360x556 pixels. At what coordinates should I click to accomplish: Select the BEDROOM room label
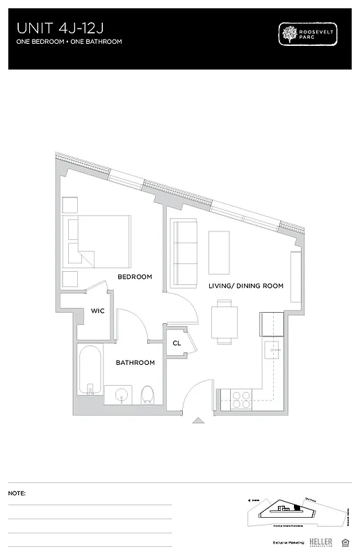click(x=134, y=277)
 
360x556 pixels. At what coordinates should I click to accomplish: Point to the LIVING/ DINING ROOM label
click(x=246, y=286)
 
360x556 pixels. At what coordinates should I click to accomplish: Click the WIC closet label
click(x=97, y=311)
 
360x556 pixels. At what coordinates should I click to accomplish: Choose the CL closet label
click(x=177, y=343)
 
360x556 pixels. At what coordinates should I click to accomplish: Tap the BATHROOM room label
click(x=135, y=363)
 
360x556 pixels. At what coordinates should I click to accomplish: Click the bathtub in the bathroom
click(x=89, y=372)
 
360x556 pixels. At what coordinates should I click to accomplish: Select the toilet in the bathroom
click(x=147, y=395)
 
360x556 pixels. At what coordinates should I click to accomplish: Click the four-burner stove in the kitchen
click(x=240, y=399)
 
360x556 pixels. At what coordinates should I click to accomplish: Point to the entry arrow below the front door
click(x=198, y=420)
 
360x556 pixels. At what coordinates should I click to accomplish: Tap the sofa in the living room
click(x=184, y=252)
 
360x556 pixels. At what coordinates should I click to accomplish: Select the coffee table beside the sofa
click(x=220, y=252)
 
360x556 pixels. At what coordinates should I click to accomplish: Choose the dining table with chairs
click(x=224, y=321)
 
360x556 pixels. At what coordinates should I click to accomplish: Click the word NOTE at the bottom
click(x=17, y=493)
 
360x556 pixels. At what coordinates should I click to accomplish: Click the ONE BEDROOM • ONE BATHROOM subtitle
click(x=69, y=42)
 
